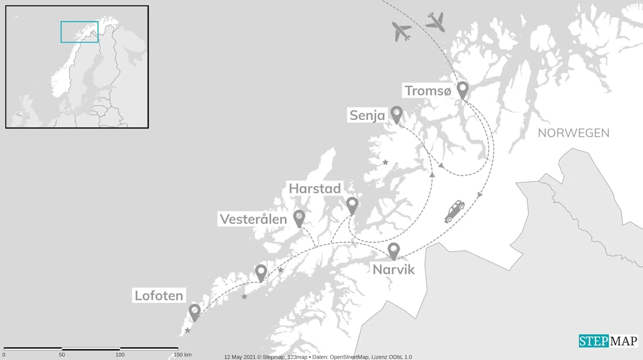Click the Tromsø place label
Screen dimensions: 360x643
428,91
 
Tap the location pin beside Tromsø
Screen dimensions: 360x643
462,90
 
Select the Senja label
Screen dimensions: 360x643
367,116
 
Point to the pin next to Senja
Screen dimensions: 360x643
396,114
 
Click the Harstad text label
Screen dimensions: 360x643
315,189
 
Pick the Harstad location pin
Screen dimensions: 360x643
352,205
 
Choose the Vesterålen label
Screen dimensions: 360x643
253,219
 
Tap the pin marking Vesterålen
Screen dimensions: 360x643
299,218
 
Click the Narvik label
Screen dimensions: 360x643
393,270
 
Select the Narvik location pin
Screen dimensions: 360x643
393,251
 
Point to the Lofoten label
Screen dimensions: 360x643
159,295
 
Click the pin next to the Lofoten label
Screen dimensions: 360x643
194,312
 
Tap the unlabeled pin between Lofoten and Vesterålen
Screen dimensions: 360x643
261,273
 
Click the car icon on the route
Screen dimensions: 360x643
455,211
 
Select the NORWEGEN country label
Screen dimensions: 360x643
573,133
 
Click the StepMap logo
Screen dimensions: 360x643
608,341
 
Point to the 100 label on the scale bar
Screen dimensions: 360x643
120,355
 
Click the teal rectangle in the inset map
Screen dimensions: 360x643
79,32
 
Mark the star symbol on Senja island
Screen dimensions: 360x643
385,162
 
